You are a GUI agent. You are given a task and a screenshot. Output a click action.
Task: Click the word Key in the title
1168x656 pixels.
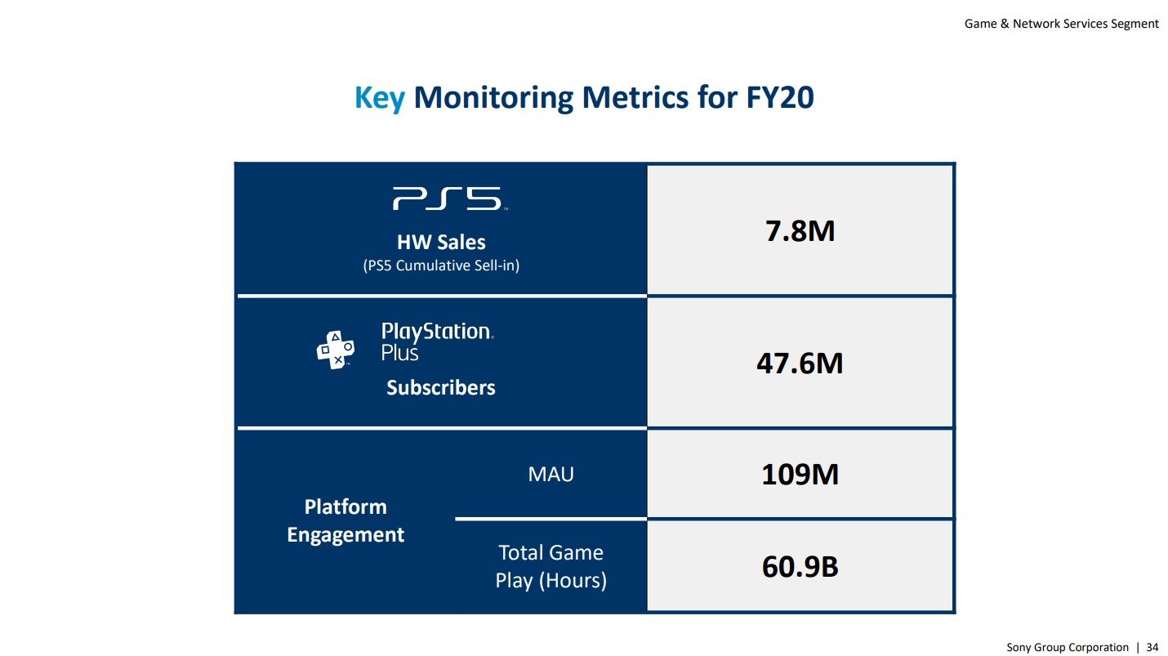pos(379,98)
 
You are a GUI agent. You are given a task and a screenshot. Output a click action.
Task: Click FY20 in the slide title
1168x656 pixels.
pos(780,98)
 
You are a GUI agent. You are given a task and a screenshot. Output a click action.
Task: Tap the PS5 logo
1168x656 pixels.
pos(446,199)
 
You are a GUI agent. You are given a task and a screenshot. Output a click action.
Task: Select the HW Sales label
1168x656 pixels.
pos(441,242)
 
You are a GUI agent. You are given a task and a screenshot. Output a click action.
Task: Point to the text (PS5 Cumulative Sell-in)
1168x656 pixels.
pos(441,266)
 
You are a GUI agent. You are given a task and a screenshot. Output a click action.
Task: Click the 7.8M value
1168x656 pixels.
pos(800,231)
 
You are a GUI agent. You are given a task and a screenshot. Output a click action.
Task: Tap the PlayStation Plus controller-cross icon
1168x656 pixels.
pos(335,350)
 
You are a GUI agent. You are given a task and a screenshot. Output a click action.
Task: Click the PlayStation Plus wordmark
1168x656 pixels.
pos(437,341)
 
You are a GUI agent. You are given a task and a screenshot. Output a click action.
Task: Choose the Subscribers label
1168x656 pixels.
pos(441,387)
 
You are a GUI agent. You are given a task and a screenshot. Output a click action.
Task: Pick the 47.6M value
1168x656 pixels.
pos(800,363)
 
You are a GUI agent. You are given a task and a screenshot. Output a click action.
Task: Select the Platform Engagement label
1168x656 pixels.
pos(345,520)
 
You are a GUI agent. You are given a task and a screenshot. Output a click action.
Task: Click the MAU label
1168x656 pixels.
pos(551,474)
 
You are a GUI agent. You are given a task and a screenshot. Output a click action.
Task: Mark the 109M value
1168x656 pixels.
pos(800,474)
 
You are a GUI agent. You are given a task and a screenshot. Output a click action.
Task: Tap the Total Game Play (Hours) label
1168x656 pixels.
pos(551,566)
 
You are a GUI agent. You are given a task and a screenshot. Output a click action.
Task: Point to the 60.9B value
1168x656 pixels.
pos(800,566)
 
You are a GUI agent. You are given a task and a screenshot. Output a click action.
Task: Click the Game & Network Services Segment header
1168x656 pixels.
pos(1061,24)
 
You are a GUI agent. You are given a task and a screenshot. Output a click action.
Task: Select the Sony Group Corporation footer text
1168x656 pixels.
pos(1067,647)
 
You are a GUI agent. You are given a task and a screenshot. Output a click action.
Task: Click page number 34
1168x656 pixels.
pos(1152,647)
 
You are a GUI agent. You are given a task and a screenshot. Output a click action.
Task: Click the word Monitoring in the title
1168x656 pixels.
pos(494,98)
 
